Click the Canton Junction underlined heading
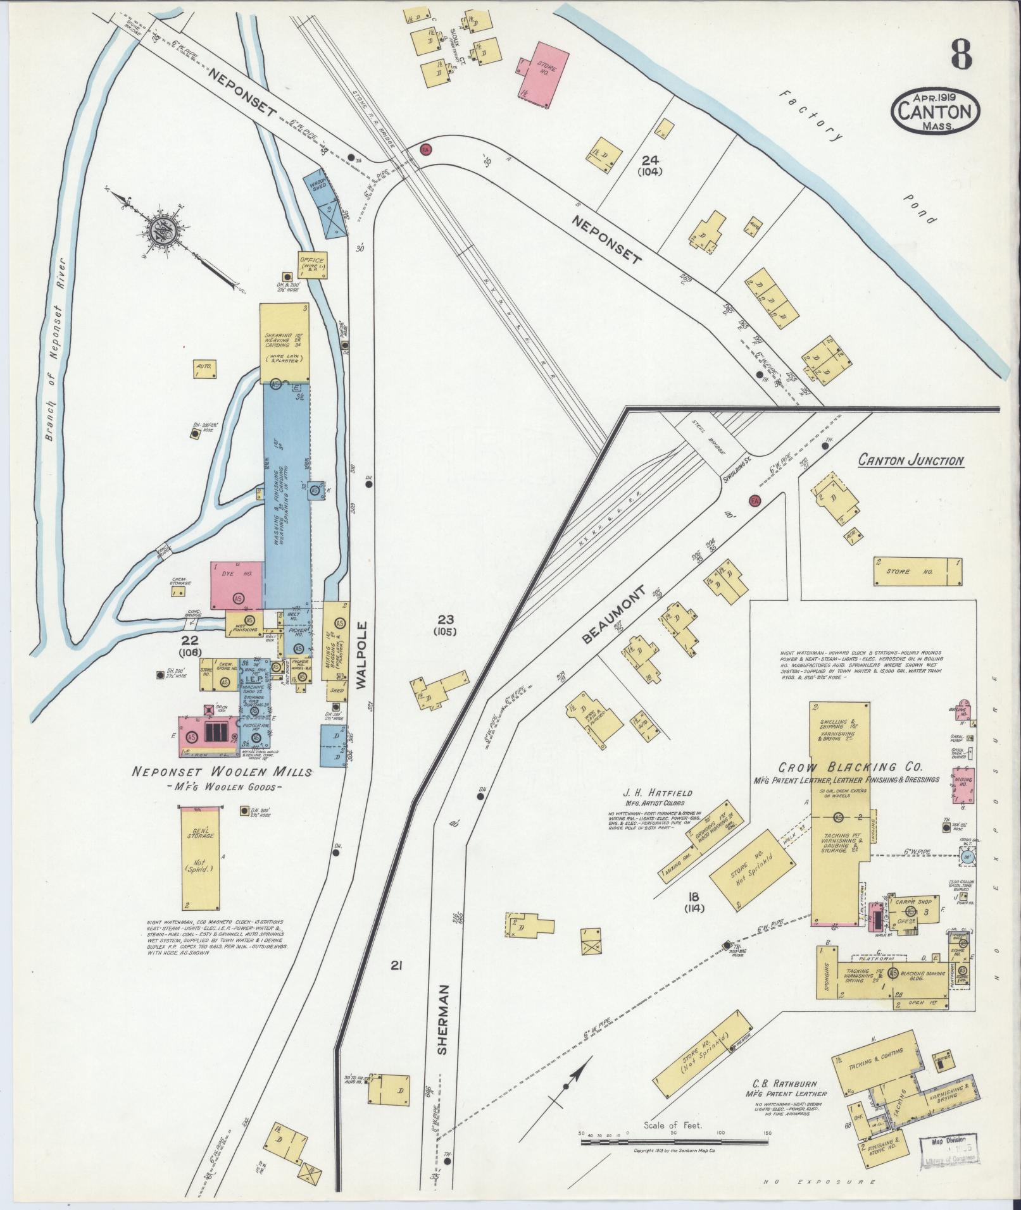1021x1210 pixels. tap(911, 461)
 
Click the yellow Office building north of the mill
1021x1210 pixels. tap(312, 264)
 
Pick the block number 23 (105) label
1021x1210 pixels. tap(446, 624)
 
